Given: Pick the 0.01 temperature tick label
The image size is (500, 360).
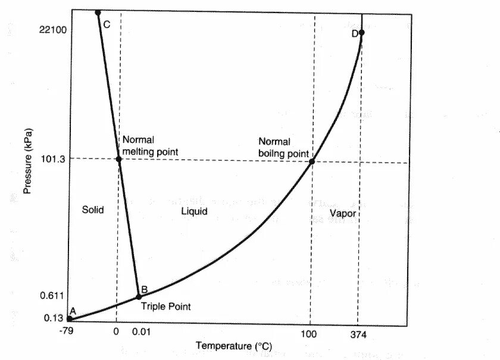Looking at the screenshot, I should [140, 333].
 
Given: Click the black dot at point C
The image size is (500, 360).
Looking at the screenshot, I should [98, 12].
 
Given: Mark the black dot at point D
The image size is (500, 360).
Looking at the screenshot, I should [361, 32].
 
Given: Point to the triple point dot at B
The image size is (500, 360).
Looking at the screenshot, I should [139, 296].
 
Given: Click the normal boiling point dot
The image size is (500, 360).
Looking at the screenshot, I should [311, 161].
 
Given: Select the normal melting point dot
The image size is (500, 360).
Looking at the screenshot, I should [118, 159].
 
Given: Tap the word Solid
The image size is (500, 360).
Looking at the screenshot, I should [93, 209].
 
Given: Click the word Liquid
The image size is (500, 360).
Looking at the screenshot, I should [194, 211].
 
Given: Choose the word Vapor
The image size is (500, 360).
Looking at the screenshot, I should [342, 212].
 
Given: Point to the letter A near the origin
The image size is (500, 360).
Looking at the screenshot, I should [73, 311].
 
